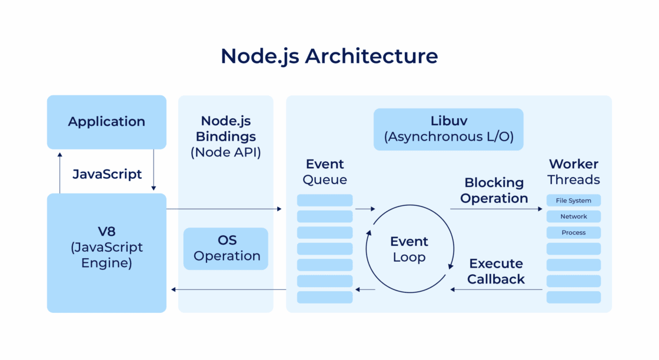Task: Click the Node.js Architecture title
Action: pyautogui.click(x=329, y=56)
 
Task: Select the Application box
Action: pyautogui.click(x=106, y=122)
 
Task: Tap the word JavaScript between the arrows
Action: pyautogui.click(x=106, y=174)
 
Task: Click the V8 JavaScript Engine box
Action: pyautogui.click(x=106, y=253)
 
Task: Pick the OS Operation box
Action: pyautogui.click(x=226, y=248)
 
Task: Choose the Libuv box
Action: pyautogui.click(x=448, y=129)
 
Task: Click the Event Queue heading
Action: pyautogui.click(x=325, y=172)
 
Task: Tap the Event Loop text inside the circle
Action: pyautogui.click(x=409, y=249)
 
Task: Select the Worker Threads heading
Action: pyautogui.click(x=574, y=172)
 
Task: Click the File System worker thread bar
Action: pyautogui.click(x=574, y=201)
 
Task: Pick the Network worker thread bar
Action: pyautogui.click(x=574, y=216)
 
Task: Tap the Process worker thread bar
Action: pyautogui.click(x=574, y=232)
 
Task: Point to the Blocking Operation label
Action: pyautogui.click(x=494, y=191)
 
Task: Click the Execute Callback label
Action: pyautogui.click(x=496, y=271)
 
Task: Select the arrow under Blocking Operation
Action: pyautogui.click(x=496, y=209)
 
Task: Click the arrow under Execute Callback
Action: pyautogui.click(x=496, y=289)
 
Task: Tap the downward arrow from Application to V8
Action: pyautogui.click(x=154, y=171)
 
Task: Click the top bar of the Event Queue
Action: pyautogui.click(x=325, y=200)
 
